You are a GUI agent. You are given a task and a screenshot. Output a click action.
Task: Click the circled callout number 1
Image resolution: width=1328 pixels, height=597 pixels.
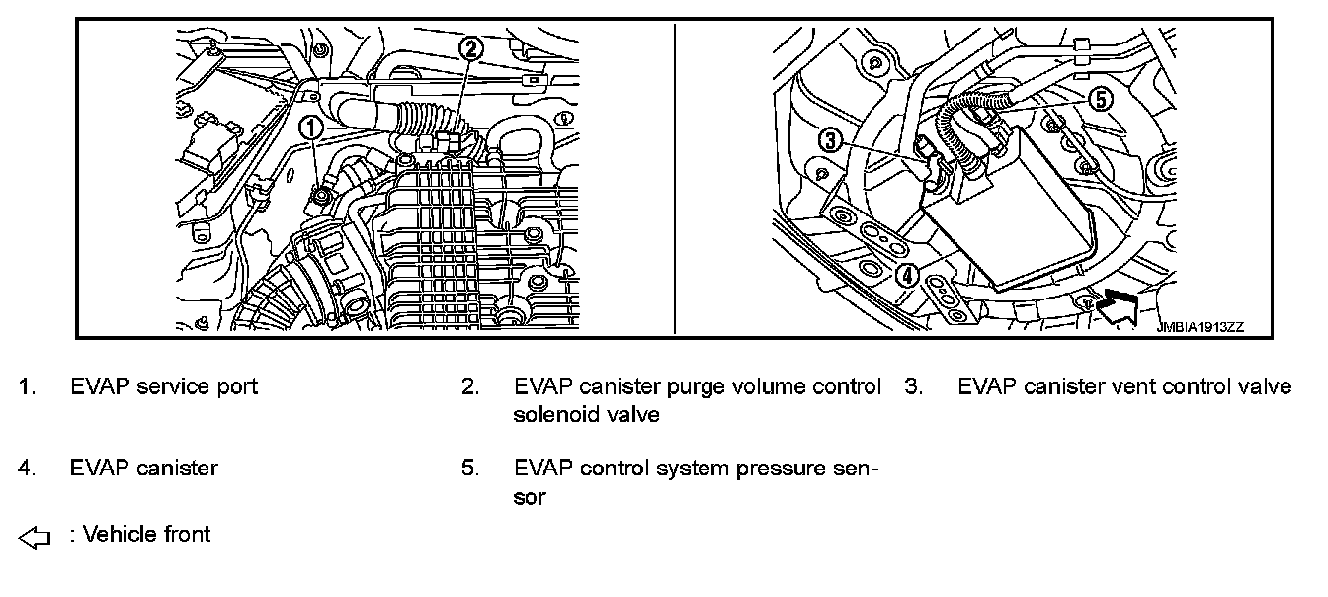coord(309,126)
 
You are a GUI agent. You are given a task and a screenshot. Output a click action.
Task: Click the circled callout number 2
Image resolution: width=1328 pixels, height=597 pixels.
coord(472,46)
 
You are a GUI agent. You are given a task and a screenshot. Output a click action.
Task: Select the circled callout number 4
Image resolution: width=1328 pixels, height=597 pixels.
coord(907,274)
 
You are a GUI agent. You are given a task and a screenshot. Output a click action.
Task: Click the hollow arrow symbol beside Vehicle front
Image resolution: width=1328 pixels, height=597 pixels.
coord(34,538)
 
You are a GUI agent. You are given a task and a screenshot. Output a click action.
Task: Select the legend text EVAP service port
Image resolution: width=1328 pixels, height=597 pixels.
coord(164,386)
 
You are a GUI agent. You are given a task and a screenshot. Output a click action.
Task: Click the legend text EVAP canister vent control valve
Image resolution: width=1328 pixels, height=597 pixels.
coord(1124,386)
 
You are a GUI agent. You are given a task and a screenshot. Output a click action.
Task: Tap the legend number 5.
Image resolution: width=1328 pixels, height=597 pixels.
coord(470,468)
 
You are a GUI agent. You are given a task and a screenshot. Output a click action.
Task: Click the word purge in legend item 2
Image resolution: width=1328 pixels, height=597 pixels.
coord(696,386)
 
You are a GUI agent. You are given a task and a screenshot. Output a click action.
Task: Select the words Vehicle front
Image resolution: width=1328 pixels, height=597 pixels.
coord(147,535)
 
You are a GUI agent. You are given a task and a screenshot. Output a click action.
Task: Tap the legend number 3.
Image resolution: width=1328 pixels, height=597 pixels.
coord(913,386)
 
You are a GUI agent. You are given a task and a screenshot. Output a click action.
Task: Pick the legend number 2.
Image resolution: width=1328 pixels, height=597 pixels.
coord(470,386)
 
